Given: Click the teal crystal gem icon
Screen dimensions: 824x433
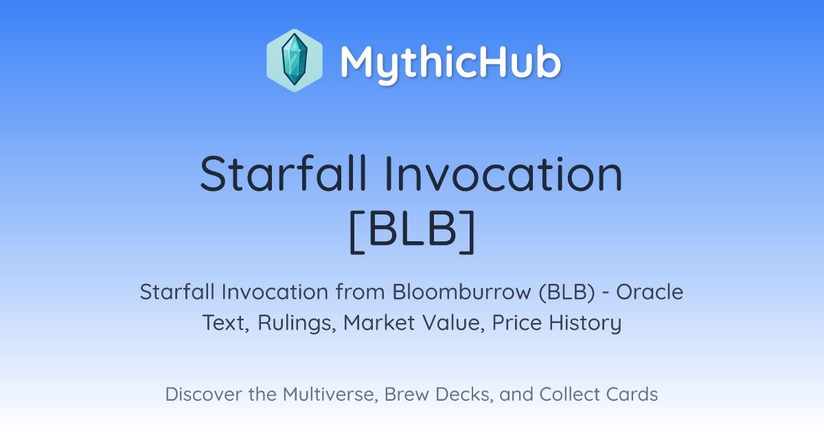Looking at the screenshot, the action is click(295, 60).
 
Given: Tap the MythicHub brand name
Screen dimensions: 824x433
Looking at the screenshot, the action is click(450, 63).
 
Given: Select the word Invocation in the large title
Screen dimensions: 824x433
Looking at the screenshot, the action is click(504, 173).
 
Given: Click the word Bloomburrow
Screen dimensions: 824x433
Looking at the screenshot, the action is click(462, 292).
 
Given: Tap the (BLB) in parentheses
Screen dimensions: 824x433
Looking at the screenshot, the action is click(567, 292).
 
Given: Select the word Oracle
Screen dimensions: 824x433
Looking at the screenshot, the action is click(650, 292).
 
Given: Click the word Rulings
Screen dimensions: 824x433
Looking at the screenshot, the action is click(297, 323).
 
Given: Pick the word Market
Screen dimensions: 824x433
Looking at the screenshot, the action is click(379, 322).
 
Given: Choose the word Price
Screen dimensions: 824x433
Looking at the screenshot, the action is click(517, 322).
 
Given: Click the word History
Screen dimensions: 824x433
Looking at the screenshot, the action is click(585, 323).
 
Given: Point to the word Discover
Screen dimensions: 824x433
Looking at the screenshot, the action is click(203, 395).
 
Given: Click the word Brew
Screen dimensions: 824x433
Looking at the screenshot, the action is click(407, 395).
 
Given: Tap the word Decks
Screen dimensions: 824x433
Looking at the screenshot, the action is click(464, 395).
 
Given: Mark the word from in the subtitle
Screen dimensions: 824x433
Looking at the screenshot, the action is click(360, 292).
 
